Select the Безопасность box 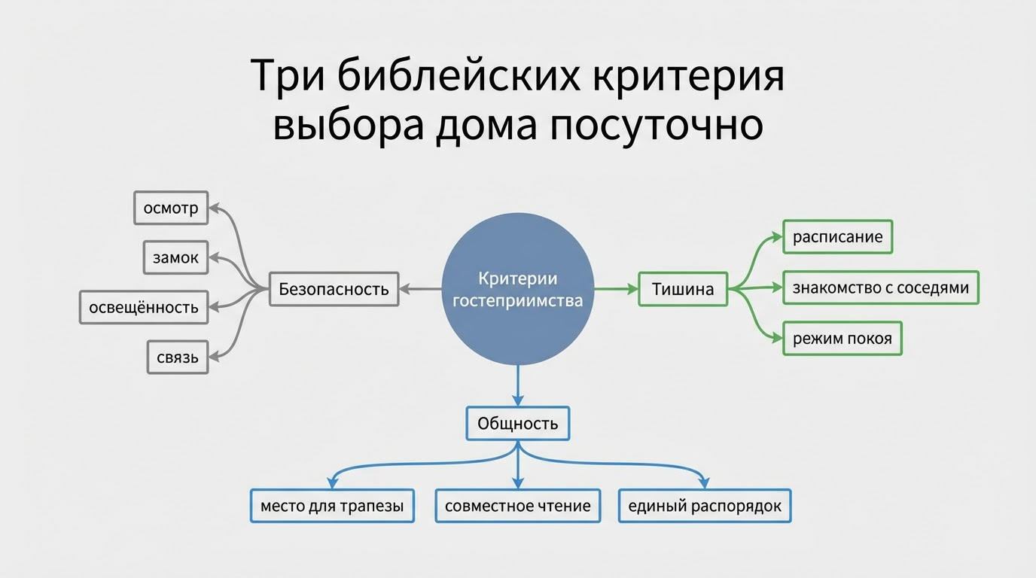tap(334, 288)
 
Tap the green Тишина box tap(683, 288)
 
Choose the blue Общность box tap(518, 424)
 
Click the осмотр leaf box tap(171, 208)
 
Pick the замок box tap(175, 257)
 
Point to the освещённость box tap(144, 307)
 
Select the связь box tap(178, 357)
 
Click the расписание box tap(837, 237)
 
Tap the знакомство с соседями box tap(881, 287)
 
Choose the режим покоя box tap(843, 339)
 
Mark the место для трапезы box tap(332, 506)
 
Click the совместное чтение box tap(518, 506)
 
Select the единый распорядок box tap(705, 506)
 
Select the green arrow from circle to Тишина tap(616, 288)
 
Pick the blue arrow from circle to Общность tap(518, 385)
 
